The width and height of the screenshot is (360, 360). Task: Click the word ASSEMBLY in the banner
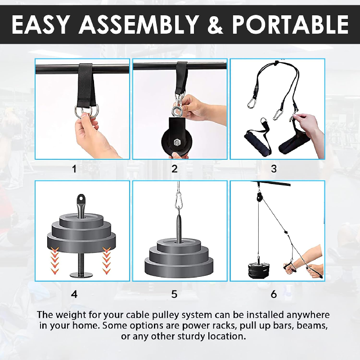coord(139,25)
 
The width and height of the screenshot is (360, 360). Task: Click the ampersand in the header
coord(216,25)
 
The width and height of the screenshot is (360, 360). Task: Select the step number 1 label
coord(74,169)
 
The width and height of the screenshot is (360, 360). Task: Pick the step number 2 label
coord(175,169)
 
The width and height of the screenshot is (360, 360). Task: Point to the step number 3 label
coord(274,169)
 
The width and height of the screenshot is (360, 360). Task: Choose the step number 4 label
coord(74,294)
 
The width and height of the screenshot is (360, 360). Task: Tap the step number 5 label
coord(174,294)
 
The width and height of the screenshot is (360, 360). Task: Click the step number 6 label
coord(274,294)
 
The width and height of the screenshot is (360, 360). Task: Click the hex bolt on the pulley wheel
coord(177,143)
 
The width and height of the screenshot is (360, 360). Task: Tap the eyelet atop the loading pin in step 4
coord(81,198)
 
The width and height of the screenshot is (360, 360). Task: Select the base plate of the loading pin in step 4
coord(81,274)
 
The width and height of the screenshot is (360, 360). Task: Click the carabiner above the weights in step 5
coord(178,199)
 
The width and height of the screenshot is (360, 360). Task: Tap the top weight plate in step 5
coord(179,245)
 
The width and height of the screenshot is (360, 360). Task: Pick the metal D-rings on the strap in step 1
coord(87,111)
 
